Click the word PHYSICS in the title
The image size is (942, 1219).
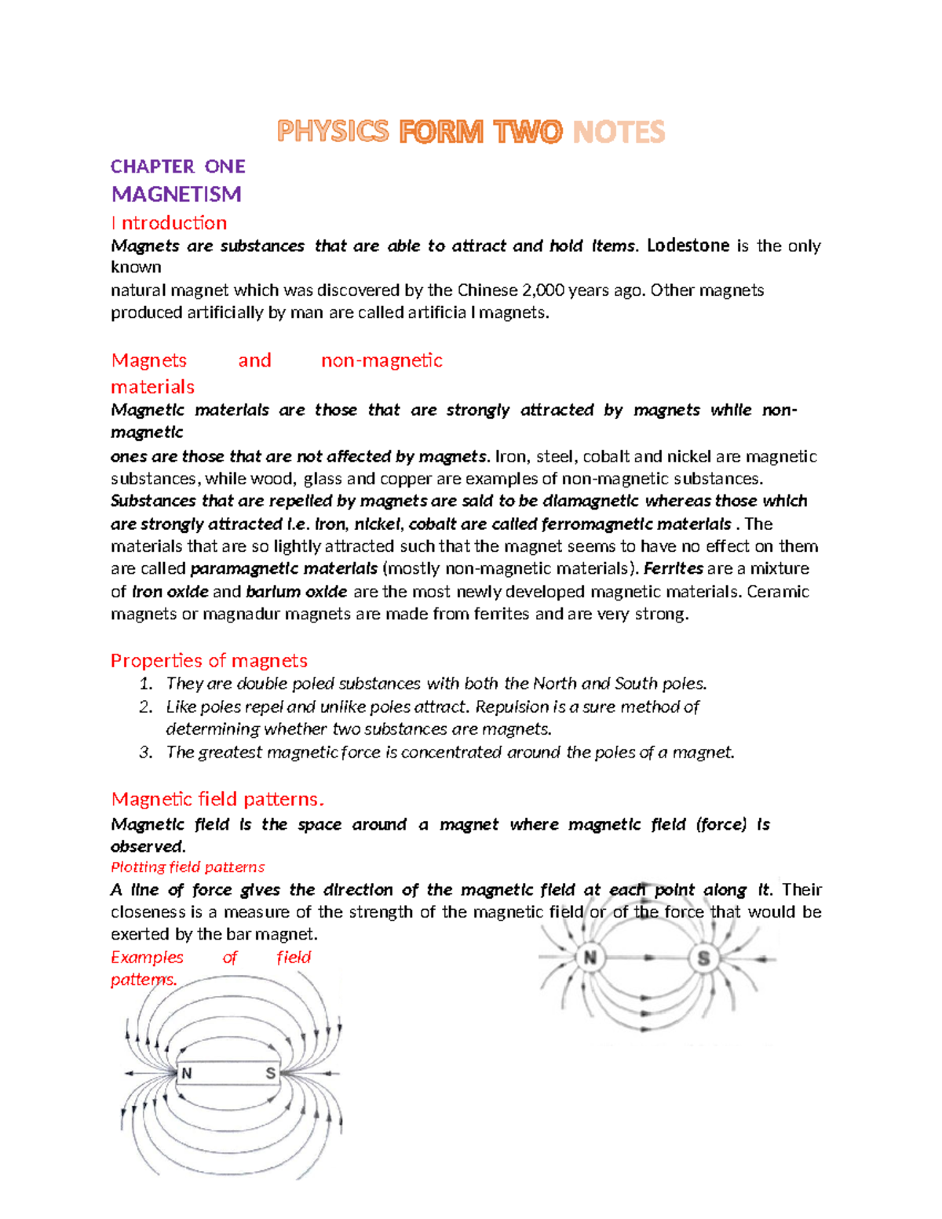(x=333, y=131)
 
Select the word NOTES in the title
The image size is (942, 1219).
(x=619, y=131)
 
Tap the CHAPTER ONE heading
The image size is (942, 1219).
(x=178, y=166)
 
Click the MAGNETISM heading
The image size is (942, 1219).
(x=176, y=194)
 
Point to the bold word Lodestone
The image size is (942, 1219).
(x=688, y=246)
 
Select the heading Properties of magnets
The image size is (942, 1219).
(x=209, y=660)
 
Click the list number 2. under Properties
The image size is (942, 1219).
(x=146, y=706)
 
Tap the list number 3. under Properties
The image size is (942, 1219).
(x=146, y=752)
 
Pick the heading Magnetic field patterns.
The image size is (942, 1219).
(x=217, y=799)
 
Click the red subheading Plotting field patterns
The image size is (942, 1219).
(x=188, y=867)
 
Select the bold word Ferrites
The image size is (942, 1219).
(x=673, y=568)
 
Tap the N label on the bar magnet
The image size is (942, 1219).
(x=187, y=1073)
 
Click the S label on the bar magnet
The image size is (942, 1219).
(x=270, y=1073)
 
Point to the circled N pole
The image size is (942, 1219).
(x=590, y=958)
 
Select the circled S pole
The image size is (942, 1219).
(x=703, y=958)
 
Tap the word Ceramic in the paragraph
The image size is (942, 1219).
(x=777, y=592)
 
